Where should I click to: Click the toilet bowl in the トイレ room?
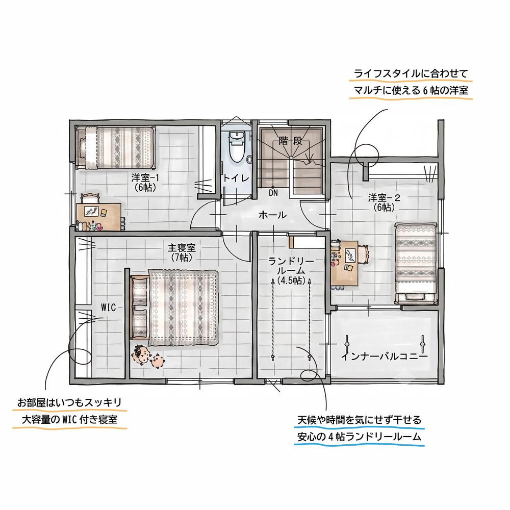click(x=237, y=147)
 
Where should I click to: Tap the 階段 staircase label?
click(x=291, y=141)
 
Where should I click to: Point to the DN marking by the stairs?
click(x=273, y=193)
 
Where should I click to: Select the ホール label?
click(x=272, y=215)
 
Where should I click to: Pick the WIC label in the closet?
click(x=108, y=308)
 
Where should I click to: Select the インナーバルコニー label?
click(x=384, y=357)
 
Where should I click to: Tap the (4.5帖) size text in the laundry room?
click(x=291, y=280)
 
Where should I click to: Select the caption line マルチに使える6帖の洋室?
click(x=411, y=90)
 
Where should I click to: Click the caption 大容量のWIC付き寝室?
click(x=69, y=419)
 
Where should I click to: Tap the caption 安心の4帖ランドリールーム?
click(x=359, y=437)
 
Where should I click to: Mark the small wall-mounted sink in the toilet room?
click(x=249, y=159)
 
